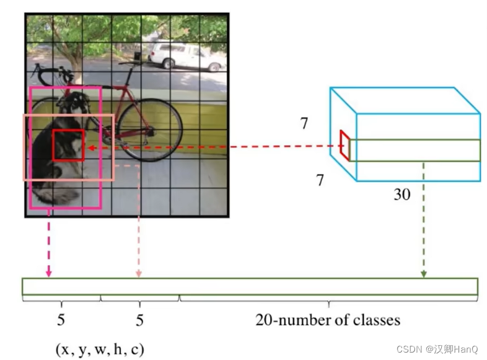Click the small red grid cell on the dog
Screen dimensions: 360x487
(68, 146)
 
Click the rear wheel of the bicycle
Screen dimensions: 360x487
(149, 130)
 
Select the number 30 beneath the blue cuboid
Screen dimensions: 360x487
(401, 195)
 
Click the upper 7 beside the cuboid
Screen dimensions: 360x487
(304, 123)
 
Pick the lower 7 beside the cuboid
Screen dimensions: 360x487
(320, 180)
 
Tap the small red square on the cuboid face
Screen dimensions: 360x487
(344, 144)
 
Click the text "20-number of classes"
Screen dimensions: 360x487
(328, 320)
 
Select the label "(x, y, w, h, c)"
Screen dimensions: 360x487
(100, 349)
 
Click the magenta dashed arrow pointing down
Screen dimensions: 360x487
(48, 248)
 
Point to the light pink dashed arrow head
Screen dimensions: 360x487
(139, 273)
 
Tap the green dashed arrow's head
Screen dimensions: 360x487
(424, 273)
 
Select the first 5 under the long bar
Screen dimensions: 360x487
(61, 320)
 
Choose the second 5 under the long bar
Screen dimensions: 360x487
(139, 320)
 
